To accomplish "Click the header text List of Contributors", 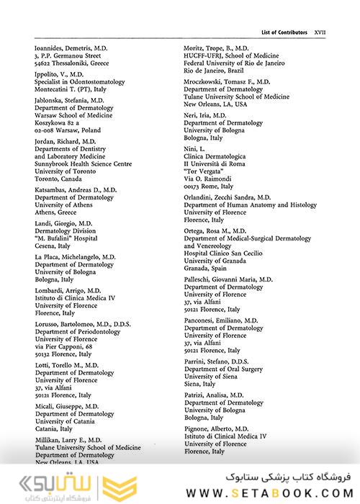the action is tap(284, 32).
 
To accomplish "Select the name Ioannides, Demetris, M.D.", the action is tap(71, 48).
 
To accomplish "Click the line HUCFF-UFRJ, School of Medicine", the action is tap(233, 56).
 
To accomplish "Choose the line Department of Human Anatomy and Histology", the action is tap(251, 205).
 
